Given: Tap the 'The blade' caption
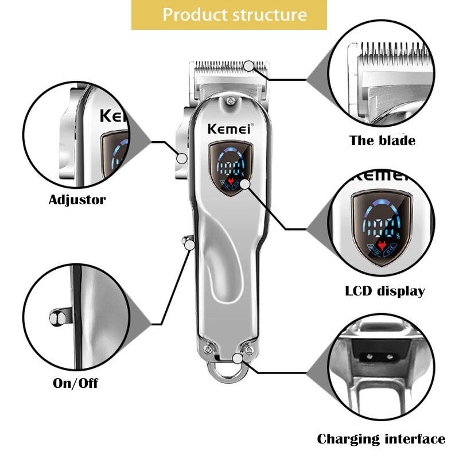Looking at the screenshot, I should click(382, 141).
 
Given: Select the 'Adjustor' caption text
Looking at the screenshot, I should click(77, 200).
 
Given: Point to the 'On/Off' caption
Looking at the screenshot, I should click(76, 383).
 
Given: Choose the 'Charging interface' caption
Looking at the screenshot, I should click(381, 439).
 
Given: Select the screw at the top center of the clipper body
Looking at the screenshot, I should click(230, 102).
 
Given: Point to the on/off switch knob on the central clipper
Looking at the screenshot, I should click(186, 241).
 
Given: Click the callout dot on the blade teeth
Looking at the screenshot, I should click(248, 66).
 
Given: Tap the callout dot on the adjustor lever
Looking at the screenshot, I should click(182, 158).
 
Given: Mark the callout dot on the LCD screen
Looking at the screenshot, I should click(246, 184).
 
